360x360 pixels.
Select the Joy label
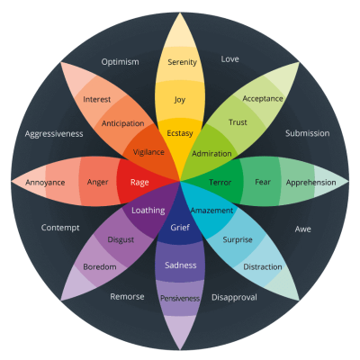point(181,100)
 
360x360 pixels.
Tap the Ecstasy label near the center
point(181,133)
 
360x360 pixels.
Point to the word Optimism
point(120,62)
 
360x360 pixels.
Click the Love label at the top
point(229,59)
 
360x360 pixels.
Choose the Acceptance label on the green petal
point(263,99)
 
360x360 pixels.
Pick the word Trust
point(238,122)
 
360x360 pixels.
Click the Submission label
point(308,133)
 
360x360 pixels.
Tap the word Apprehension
point(310,182)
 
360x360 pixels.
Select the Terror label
point(220,183)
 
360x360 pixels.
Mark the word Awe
point(303,229)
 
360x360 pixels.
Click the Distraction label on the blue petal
point(262,267)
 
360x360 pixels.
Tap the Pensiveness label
point(180,298)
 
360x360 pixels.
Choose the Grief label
point(180,229)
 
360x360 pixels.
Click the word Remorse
point(127,296)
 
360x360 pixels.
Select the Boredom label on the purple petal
point(100,267)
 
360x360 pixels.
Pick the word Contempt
point(60,228)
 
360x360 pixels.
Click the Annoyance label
point(44,183)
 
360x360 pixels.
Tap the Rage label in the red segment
point(139,183)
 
